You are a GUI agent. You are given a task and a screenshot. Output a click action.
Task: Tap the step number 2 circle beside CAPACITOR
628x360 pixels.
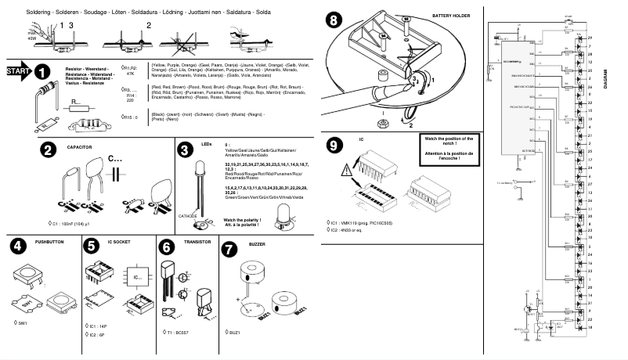[x=49, y=149]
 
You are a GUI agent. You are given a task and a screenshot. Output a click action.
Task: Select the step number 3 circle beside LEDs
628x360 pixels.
[x=185, y=149]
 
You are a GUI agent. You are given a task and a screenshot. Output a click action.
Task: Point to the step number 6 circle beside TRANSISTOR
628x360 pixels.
[x=166, y=247]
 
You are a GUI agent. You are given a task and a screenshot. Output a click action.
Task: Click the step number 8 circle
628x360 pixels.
[x=334, y=20]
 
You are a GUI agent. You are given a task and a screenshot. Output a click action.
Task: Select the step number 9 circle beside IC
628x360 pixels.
[x=334, y=145]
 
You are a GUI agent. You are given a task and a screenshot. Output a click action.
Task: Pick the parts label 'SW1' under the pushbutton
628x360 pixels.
[x=23, y=322]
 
